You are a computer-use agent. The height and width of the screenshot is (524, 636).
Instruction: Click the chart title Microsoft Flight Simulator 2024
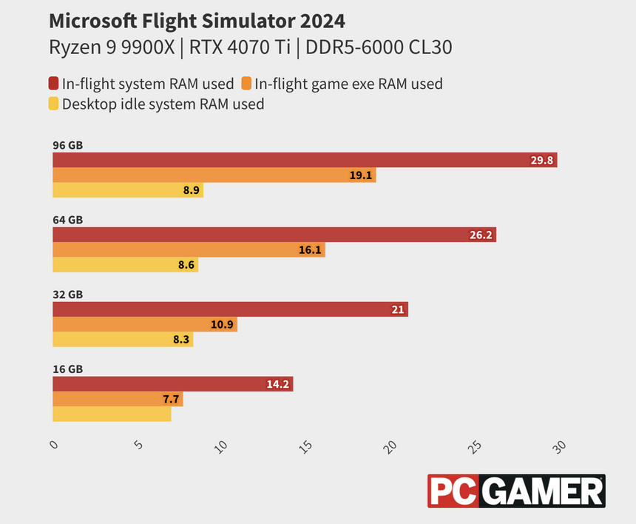pos(197,20)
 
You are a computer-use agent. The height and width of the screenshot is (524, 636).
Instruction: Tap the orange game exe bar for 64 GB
pos(189,250)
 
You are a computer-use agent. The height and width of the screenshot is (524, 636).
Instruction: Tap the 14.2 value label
pos(279,384)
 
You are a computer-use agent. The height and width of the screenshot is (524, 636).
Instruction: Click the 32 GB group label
pos(68,295)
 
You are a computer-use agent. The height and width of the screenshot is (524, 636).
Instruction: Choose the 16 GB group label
pos(68,369)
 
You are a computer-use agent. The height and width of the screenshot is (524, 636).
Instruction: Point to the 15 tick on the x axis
pos(306,447)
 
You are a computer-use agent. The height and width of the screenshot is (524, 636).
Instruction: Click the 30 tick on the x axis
pos(560,447)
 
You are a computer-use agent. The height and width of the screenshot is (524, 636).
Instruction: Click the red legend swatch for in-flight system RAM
pos(54,84)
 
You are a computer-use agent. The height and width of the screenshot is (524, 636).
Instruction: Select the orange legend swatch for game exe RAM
pos(246,84)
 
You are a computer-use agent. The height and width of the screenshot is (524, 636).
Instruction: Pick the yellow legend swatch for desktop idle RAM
pos(54,104)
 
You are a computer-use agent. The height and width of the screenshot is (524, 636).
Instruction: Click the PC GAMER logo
pos(516,491)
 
